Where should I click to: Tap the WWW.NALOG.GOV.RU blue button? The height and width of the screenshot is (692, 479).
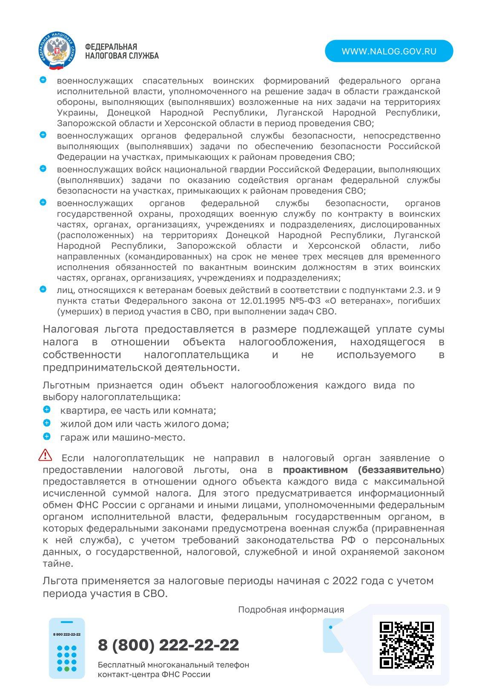click(389, 51)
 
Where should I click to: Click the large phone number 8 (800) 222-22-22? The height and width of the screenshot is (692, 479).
click(168, 645)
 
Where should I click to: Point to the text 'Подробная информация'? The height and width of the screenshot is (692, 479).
click(291, 610)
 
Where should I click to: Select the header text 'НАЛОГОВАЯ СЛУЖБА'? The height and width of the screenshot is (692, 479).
click(122, 56)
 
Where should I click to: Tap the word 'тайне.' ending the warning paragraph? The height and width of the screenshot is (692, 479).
click(58, 563)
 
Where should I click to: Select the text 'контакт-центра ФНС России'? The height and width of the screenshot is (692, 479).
click(154, 675)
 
